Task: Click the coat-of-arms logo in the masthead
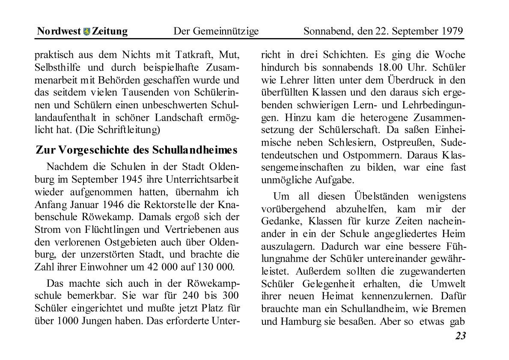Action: click(86, 32)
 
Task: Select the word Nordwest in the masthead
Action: click(59, 31)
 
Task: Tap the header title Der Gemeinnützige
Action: click(216, 31)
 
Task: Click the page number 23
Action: click(460, 336)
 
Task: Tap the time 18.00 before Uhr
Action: click(396, 68)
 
